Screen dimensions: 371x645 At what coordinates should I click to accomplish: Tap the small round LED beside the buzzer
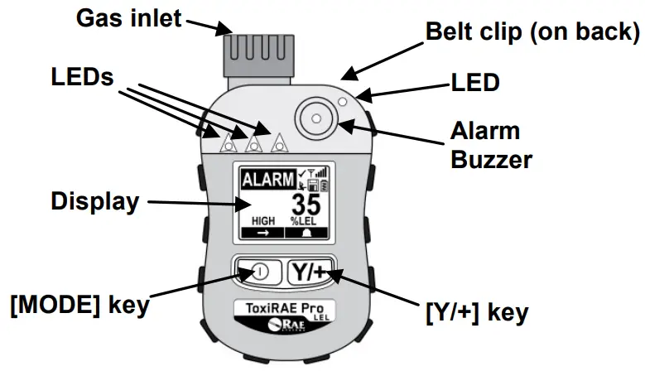pyautogui.click(x=342, y=102)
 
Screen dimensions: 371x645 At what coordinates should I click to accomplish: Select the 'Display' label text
pyautogui.click(x=93, y=201)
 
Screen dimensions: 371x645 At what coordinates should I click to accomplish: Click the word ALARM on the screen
pyautogui.click(x=267, y=178)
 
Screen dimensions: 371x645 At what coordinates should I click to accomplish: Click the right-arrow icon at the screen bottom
pyautogui.click(x=262, y=234)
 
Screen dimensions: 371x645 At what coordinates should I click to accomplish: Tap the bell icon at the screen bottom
pyautogui.click(x=308, y=234)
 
